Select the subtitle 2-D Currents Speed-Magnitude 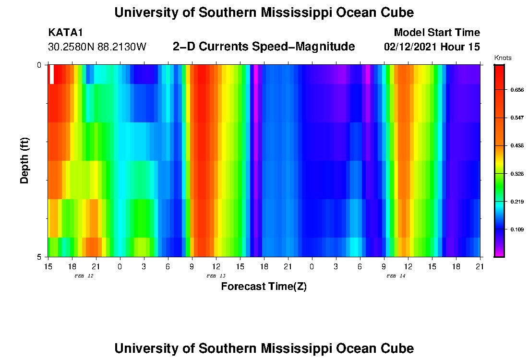264,47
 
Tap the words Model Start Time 436,33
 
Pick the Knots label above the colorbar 503,58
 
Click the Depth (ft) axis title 25,160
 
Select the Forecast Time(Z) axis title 264,287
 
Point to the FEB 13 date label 216,276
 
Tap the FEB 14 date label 396,276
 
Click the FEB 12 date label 84,276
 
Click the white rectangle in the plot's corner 52,74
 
